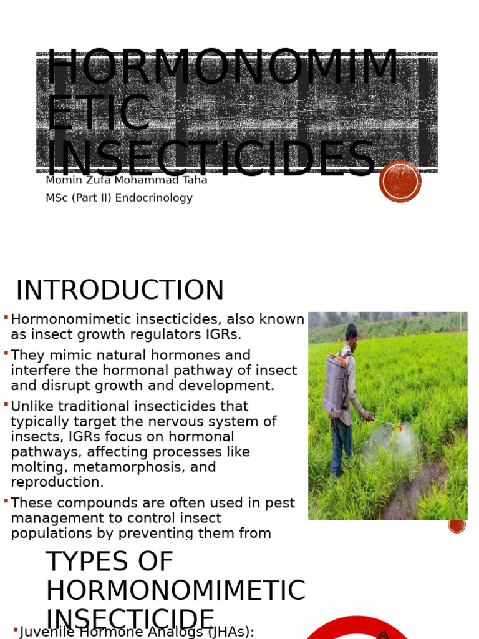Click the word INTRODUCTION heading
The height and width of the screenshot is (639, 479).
[x=120, y=291]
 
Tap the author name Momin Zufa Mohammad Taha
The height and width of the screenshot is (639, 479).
[x=126, y=180]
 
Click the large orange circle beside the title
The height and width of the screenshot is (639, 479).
[x=400, y=182]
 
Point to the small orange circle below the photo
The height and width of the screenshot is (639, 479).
[x=457, y=524]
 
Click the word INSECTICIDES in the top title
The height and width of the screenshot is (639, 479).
[x=211, y=160]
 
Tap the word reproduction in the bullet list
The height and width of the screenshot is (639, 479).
[x=57, y=482]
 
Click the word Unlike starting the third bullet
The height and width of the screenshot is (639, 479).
[x=32, y=407]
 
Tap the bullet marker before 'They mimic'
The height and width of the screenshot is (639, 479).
[x=6, y=354]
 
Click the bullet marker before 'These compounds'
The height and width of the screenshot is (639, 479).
[x=6, y=501]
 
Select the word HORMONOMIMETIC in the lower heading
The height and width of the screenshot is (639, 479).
[x=175, y=591]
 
